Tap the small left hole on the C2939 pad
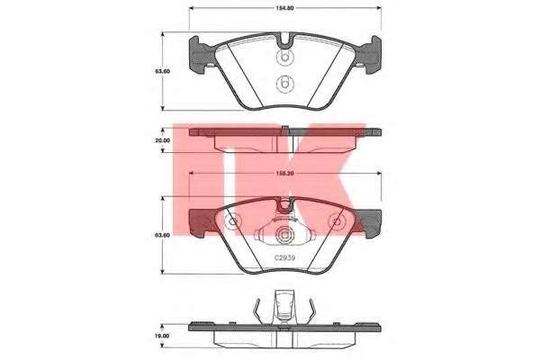[x=232, y=221]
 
